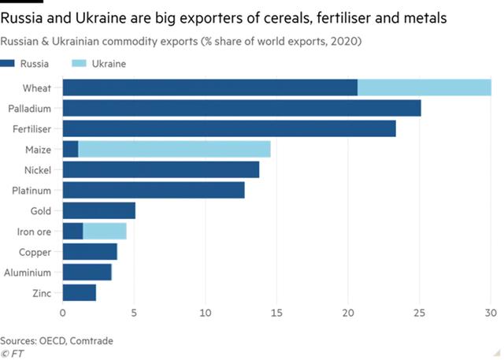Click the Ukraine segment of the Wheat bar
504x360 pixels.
tap(424, 87)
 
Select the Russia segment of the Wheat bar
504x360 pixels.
tap(209, 87)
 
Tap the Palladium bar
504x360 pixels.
tap(241, 108)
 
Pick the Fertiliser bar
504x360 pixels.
tap(228, 128)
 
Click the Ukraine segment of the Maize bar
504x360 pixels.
tap(174, 149)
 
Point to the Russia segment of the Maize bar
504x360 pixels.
tap(70, 149)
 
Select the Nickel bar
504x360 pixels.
tap(161, 169)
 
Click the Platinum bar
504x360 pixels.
tap(154, 190)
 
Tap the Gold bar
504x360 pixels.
tap(98, 210)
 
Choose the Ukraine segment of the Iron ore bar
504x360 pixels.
tap(104, 231)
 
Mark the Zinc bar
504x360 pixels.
tap(79, 293)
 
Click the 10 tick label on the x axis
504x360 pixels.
tap(206, 312)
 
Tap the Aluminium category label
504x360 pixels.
tap(28, 273)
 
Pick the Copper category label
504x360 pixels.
tap(35, 252)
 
